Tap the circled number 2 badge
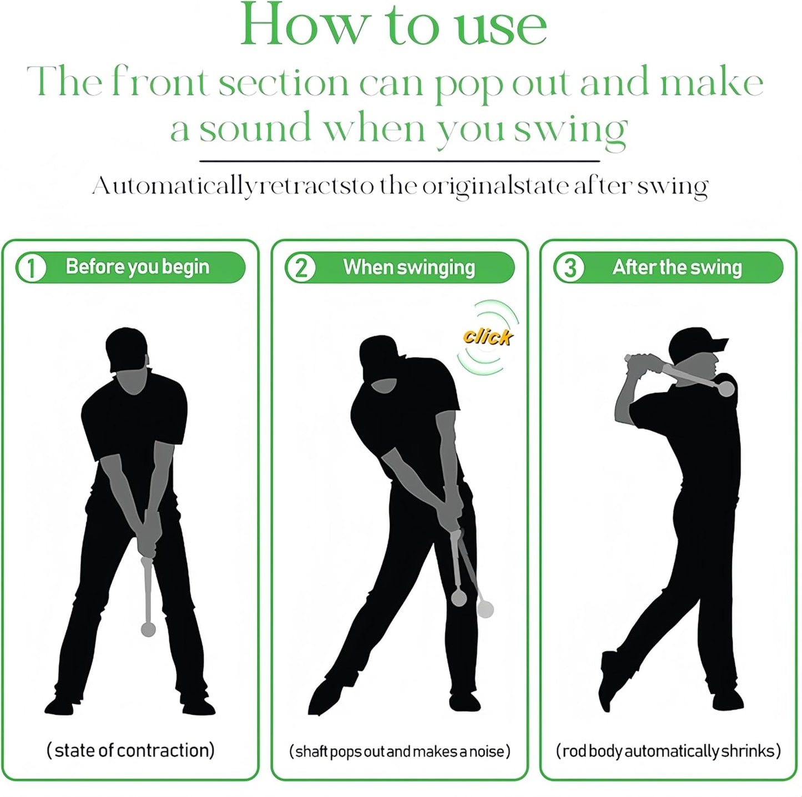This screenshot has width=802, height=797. pos(301,268)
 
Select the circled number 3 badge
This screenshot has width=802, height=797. pos(569,268)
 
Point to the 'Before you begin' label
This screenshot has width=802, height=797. pos(137,267)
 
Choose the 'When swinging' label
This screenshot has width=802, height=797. pos(409,268)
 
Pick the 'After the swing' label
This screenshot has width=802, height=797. pos(677,268)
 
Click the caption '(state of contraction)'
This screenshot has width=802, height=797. pos(130,750)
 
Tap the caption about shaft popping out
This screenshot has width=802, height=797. pos(400,751)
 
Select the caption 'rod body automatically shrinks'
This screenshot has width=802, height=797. pos(668,751)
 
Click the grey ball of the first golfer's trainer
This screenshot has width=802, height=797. pos(148,629)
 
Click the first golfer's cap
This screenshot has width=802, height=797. pos(127,347)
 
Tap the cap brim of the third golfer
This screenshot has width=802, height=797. pos(718,346)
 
